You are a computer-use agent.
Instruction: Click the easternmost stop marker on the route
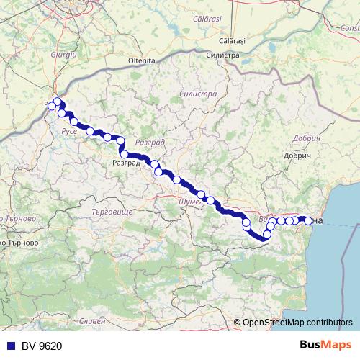(309, 220)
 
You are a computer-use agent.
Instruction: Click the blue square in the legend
(7, 346)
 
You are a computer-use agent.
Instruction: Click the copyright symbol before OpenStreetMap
(238, 323)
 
